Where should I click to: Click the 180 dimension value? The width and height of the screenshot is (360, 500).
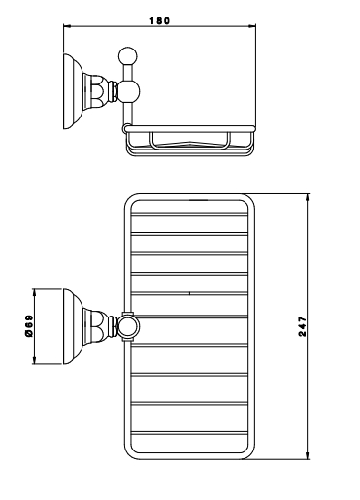pos(159,21)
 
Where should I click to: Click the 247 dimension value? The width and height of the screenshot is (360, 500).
pos(302,326)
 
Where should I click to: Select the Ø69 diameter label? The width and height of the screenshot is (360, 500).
pos(29,326)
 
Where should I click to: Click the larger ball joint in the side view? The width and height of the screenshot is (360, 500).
pos(128,91)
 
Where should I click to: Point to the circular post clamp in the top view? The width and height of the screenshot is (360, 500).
pos(128,326)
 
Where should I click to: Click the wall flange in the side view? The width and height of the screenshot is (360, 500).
pos(73,91)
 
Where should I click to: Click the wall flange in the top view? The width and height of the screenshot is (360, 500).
pos(73,326)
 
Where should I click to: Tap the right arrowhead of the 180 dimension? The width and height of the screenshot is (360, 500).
pos(251,25)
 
